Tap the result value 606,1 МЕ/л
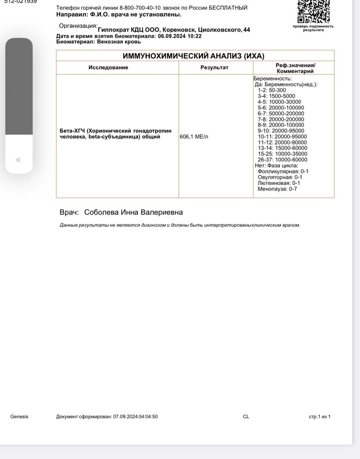tap(194, 136)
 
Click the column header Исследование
tap(108, 67)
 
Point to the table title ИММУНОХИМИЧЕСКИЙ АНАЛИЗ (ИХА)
tap(194, 56)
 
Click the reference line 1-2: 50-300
tap(272, 90)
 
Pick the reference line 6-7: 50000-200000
tap(281, 113)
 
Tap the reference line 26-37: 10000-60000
tap(282, 160)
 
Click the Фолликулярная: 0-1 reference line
tap(283, 171)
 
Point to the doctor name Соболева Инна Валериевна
tap(133, 212)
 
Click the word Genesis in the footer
tap(19, 417)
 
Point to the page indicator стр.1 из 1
tap(319, 417)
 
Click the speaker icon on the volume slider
tap(19, 160)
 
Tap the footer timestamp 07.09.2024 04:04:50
tap(135, 417)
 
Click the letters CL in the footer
tap(246, 417)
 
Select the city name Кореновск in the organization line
tap(176, 29)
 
